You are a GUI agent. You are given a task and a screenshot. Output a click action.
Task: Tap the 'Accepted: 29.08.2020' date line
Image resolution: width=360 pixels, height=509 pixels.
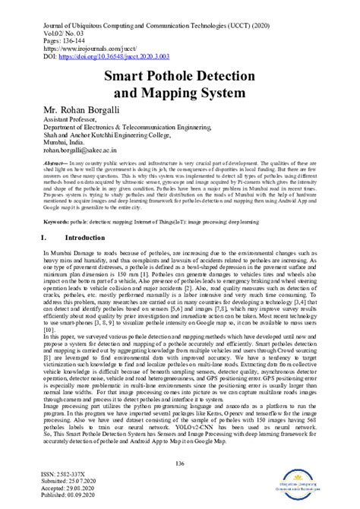(x=69, y=489)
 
